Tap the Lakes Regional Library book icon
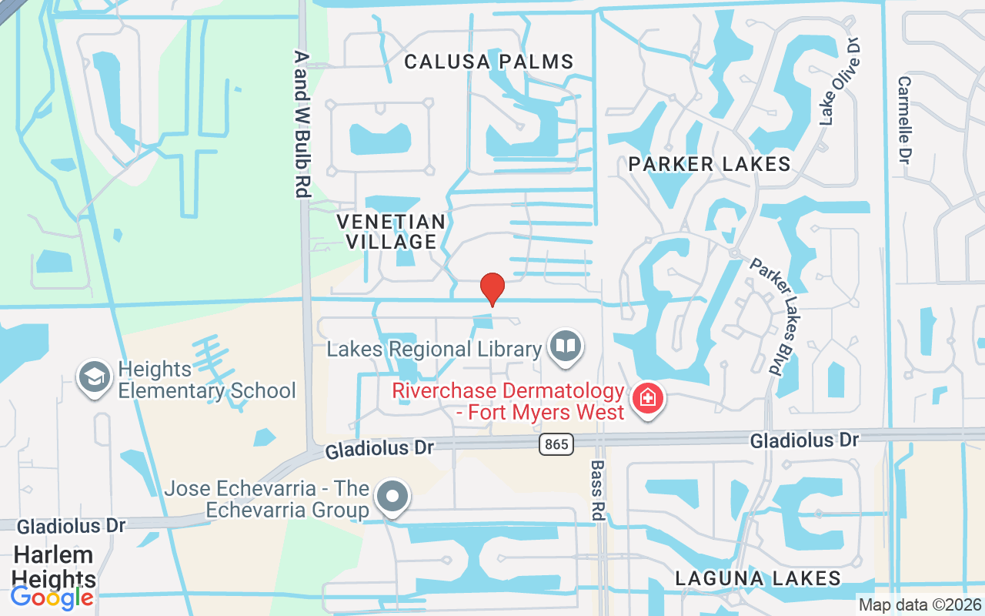pyautogui.click(x=566, y=346)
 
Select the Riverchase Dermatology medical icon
pyautogui.click(x=647, y=399)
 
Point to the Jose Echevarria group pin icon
pyautogui.click(x=393, y=497)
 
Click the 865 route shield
pyautogui.click(x=556, y=444)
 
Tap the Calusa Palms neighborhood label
pyautogui.click(x=489, y=62)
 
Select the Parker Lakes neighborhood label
pyautogui.click(x=709, y=163)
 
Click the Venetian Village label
pyautogui.click(x=391, y=232)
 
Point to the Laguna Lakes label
pyautogui.click(x=757, y=577)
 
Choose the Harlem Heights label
pyautogui.click(x=53, y=567)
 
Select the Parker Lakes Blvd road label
pyautogui.click(x=776, y=316)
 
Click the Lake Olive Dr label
pyautogui.click(x=839, y=83)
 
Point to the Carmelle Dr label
pyautogui.click(x=905, y=119)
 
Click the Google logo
pyautogui.click(x=52, y=598)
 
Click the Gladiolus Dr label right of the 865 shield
pyautogui.click(x=804, y=440)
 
